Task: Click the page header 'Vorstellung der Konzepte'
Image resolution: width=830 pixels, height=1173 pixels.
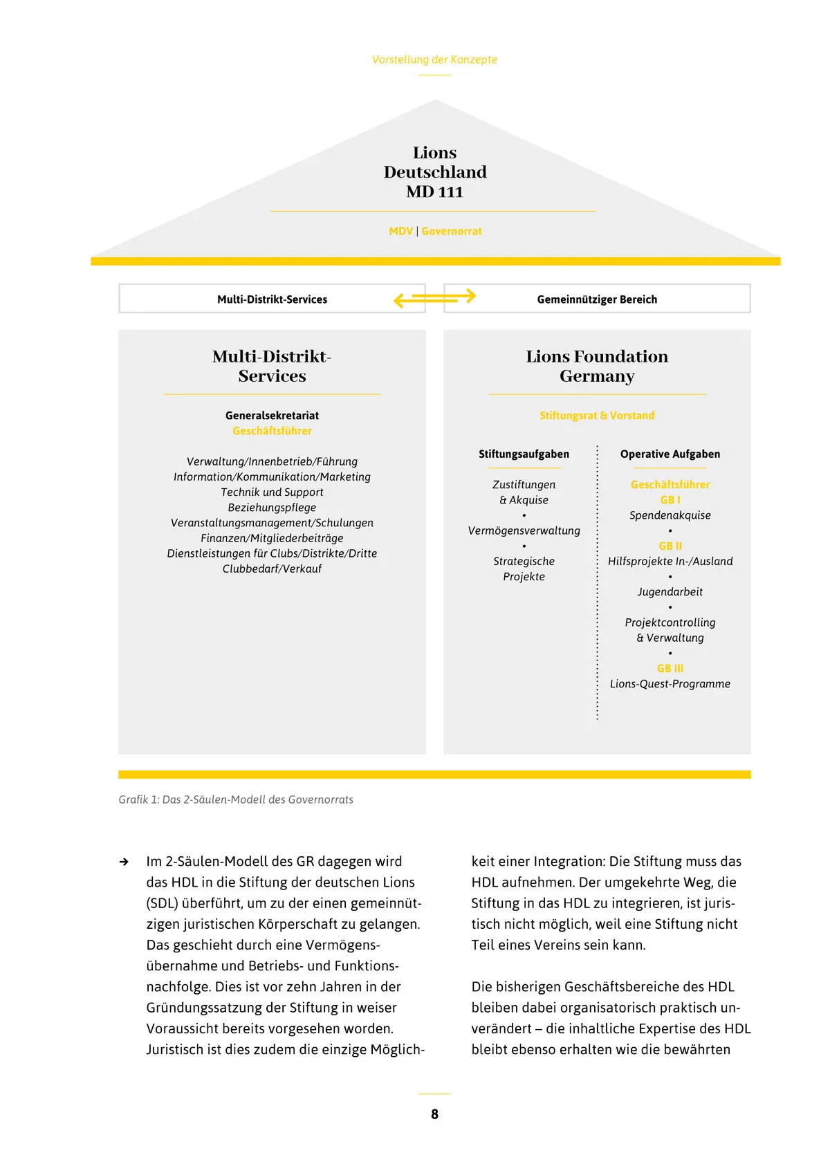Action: point(434,59)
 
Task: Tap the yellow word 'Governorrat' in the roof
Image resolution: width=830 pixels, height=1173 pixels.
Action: point(452,231)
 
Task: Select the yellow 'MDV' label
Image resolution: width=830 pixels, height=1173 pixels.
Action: point(401,231)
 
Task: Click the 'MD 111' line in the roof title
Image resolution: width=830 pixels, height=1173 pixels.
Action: point(434,192)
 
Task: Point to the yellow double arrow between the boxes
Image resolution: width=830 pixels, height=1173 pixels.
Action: point(434,298)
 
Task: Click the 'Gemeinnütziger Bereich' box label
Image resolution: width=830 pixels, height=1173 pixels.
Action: point(597,299)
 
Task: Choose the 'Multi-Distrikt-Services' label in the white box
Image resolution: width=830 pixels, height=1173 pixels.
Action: point(272,299)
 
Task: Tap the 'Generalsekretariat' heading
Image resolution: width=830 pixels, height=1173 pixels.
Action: point(272,416)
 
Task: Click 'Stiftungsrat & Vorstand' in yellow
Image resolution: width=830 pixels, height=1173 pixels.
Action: point(597,416)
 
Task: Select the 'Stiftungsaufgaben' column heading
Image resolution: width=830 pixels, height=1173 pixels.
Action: point(524,454)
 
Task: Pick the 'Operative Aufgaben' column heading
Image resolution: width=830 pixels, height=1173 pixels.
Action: point(670,454)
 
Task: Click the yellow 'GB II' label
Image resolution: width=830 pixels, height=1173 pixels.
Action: point(670,546)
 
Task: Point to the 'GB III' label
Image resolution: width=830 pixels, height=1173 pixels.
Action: point(670,668)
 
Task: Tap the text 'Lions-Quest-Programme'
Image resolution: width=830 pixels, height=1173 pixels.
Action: point(670,684)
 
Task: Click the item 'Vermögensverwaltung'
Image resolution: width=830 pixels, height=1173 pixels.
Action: point(524,530)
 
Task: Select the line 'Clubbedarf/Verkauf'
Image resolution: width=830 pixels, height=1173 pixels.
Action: point(272,569)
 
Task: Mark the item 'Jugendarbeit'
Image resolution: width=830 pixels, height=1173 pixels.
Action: point(670,592)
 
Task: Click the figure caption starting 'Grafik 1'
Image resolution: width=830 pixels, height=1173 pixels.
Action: point(236,800)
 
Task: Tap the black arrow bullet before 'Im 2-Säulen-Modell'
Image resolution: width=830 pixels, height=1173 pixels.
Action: point(124,862)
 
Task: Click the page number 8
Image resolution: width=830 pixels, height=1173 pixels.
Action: point(434,1114)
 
